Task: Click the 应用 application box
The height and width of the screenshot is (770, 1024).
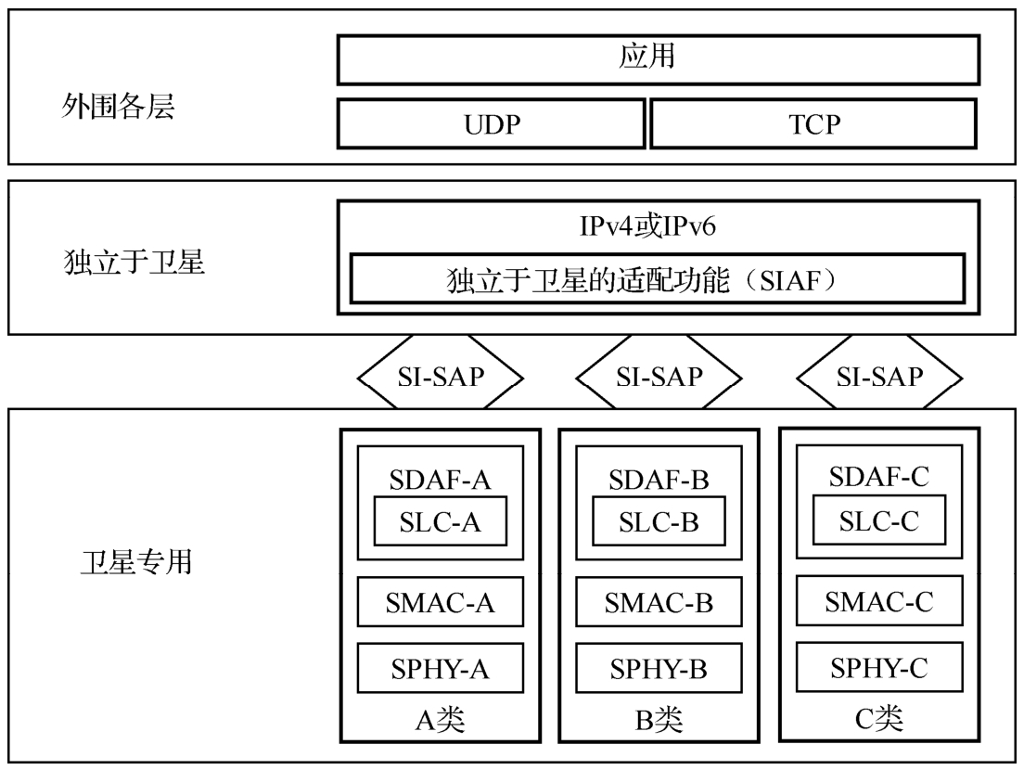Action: (x=658, y=59)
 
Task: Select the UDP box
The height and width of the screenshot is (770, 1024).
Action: (x=490, y=125)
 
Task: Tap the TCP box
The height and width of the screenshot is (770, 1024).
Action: (x=813, y=125)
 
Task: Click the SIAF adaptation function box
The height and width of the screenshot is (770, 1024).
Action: (x=658, y=277)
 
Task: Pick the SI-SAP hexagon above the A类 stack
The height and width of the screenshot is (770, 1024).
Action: (x=441, y=377)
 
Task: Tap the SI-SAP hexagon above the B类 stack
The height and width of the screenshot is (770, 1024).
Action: (x=659, y=377)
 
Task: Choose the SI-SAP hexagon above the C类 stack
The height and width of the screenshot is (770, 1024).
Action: (x=877, y=377)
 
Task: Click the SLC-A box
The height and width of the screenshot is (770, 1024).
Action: (x=441, y=523)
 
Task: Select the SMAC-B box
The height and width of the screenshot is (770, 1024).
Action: (x=659, y=603)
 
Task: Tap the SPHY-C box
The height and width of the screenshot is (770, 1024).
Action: (x=879, y=666)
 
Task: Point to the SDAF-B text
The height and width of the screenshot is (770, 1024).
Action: (x=659, y=482)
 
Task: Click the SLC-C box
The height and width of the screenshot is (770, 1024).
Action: (x=879, y=521)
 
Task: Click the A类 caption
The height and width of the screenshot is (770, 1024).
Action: (x=440, y=720)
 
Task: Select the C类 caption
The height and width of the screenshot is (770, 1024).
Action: (x=877, y=717)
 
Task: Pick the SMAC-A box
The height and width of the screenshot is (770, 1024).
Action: (x=441, y=603)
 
